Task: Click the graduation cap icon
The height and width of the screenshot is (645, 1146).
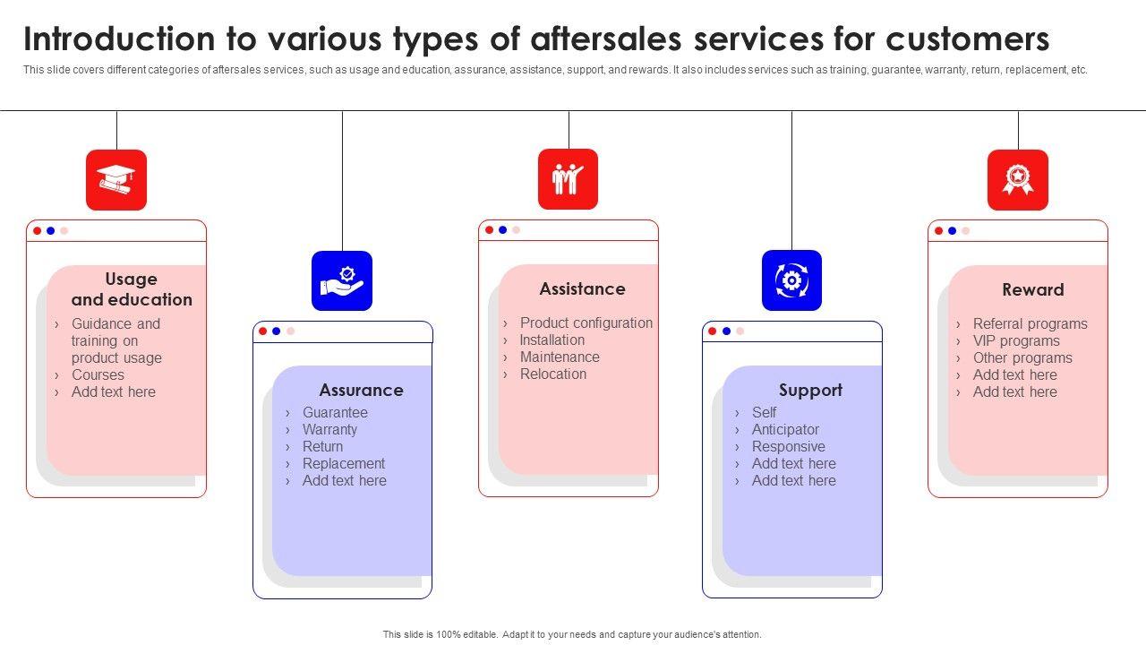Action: click(116, 179)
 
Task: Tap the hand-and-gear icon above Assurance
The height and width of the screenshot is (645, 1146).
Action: click(342, 280)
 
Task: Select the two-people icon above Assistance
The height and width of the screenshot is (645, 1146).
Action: click(568, 179)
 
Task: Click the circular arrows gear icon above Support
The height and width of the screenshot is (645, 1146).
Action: click(791, 280)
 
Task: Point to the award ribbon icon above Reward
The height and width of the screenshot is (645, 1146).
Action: click(1017, 179)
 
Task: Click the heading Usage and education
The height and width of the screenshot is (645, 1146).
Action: click(132, 289)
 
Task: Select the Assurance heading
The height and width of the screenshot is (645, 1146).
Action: click(361, 390)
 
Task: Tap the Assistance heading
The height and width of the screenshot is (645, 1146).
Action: click(582, 288)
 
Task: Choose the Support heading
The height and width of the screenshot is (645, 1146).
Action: click(810, 390)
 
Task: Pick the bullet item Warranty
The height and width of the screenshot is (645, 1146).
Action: click(329, 429)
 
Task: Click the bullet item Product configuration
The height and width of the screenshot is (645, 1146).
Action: click(586, 322)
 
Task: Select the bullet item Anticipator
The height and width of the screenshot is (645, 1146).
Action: click(785, 429)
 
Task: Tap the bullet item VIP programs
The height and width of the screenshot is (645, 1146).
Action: click(1016, 340)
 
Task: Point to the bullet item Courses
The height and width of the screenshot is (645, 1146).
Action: click(98, 374)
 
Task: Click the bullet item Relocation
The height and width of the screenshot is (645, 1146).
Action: click(553, 374)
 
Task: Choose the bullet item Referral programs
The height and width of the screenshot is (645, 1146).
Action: click(1030, 323)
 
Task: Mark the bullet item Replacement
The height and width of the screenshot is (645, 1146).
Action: click(344, 463)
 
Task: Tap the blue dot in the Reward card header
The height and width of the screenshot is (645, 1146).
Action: click(952, 230)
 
